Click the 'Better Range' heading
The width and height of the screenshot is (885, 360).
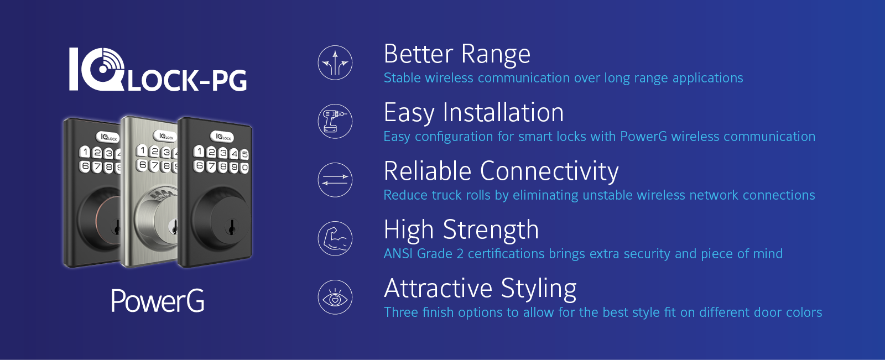(457, 54)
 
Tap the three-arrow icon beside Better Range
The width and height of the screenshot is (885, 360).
(335, 63)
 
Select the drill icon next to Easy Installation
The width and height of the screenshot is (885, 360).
(335, 121)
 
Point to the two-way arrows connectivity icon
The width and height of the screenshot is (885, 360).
(335, 180)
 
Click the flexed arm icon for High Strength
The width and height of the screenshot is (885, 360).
(335, 238)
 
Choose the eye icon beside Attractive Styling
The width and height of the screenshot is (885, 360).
(335, 297)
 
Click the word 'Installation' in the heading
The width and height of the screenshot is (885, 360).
(503, 113)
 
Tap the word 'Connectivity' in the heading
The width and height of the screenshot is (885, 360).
(549, 172)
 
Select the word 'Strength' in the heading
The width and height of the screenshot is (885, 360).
(491, 230)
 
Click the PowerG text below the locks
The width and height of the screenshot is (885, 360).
(158, 301)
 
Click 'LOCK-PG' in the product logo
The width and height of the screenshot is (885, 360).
(188, 81)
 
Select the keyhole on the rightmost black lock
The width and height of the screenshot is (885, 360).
(231, 227)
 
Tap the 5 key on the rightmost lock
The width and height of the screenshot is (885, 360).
(244, 154)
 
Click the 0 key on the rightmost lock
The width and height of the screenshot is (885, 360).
(244, 168)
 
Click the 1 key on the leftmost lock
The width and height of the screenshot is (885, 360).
(85, 152)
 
